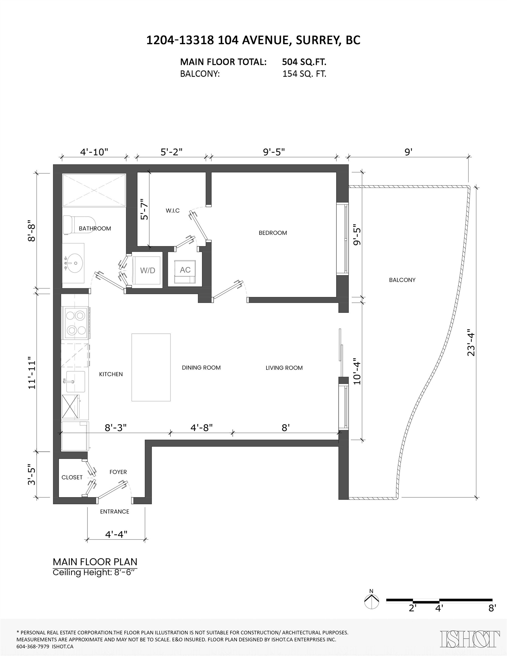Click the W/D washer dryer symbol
pyautogui.click(x=147, y=270)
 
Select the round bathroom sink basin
pyautogui.click(x=74, y=263)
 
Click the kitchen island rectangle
pyautogui.click(x=151, y=367)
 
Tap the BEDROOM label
pyautogui.click(x=273, y=233)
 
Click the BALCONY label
pyautogui.click(x=402, y=280)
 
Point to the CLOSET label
pyautogui.click(x=72, y=477)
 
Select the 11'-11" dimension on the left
pyautogui.click(x=32, y=373)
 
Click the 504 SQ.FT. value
pyautogui.click(x=304, y=62)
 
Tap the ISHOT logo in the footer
pyautogui.click(x=470, y=639)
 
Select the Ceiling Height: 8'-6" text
pyautogui.click(x=95, y=573)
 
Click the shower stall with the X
pyautogui.click(x=94, y=190)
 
